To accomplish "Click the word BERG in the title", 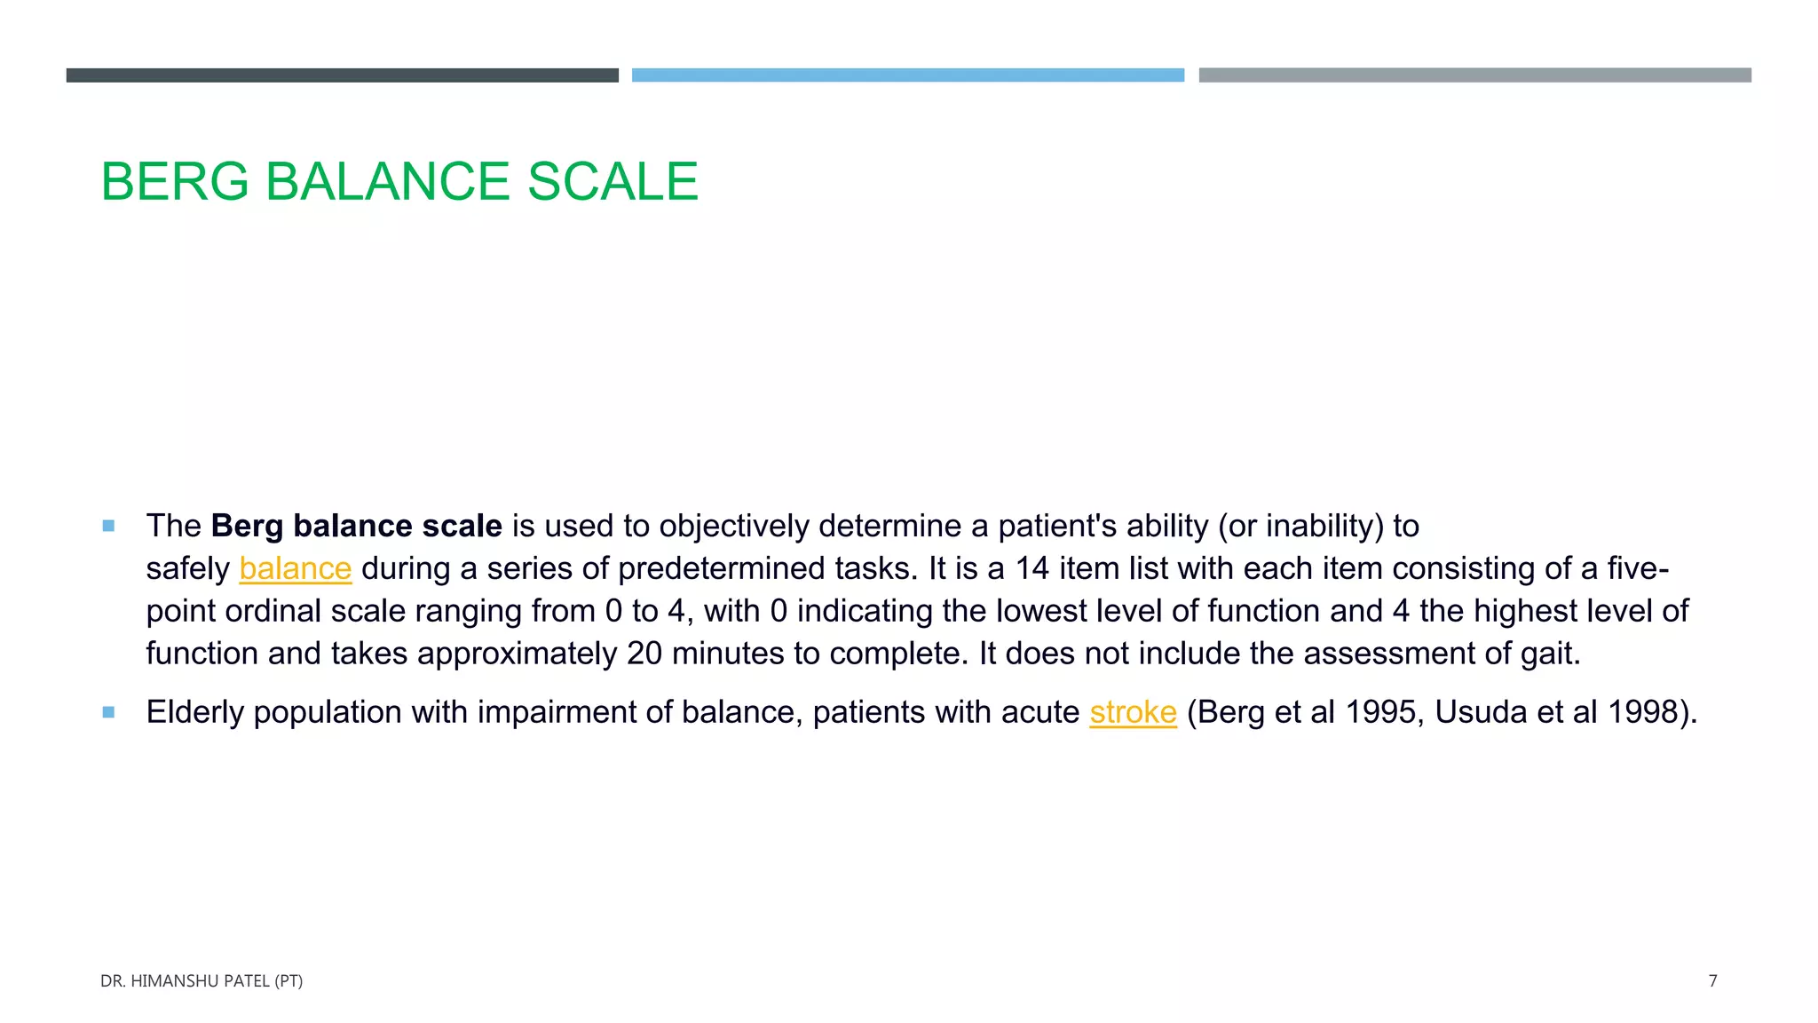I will (x=175, y=182).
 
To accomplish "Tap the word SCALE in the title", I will (x=613, y=182).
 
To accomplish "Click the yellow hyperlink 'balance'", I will (x=296, y=569).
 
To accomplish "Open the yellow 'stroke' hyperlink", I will (x=1133, y=712).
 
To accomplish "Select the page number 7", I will (x=1712, y=981).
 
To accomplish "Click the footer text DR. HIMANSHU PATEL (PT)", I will (x=202, y=981).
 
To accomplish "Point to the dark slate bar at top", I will (x=342, y=75).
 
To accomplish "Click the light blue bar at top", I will (x=907, y=75).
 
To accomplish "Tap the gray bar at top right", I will (x=1474, y=75).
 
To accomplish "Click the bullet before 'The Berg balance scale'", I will (x=108, y=526).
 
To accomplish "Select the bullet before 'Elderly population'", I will (x=108, y=712).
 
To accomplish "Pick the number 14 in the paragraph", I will (x=1032, y=569).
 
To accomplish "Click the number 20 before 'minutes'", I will (x=644, y=654).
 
